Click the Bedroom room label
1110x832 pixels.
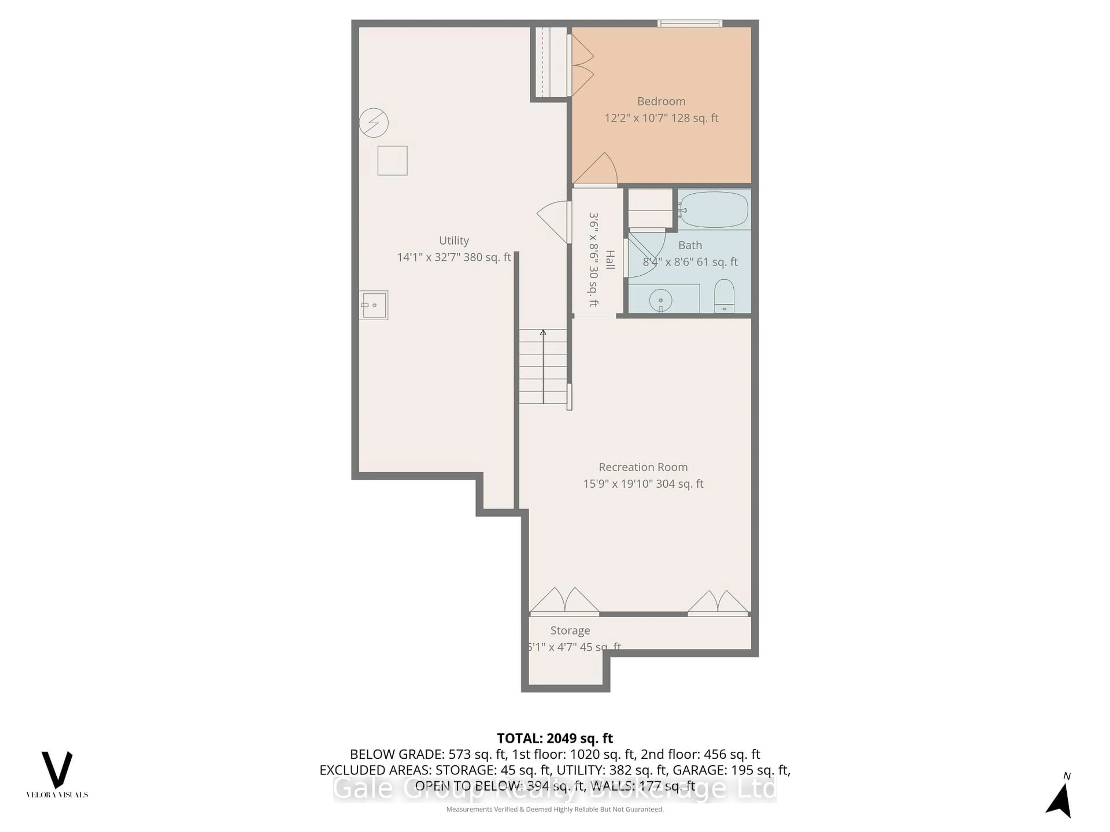coord(661,101)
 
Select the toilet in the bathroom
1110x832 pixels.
coord(724,296)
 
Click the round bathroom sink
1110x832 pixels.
coord(661,300)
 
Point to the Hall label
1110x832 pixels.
coord(610,259)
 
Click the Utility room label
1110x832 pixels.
coord(454,241)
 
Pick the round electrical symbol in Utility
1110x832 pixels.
coord(374,122)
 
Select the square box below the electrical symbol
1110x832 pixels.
coord(392,161)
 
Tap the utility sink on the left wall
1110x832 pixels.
coord(374,305)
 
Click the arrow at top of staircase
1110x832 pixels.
coord(543,333)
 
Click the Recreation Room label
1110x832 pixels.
coord(643,467)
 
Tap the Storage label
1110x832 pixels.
coord(570,630)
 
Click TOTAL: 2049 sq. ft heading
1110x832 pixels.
coord(554,738)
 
